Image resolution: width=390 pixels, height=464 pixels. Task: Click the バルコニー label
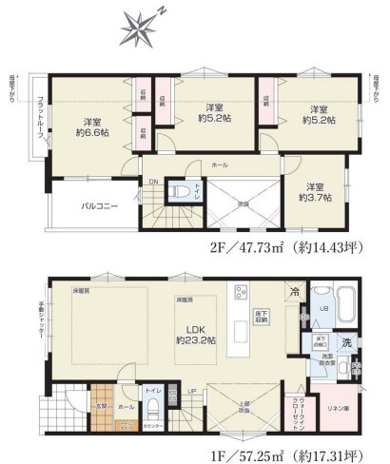click(x=99, y=204)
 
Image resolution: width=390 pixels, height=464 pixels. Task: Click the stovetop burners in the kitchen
click(x=243, y=293)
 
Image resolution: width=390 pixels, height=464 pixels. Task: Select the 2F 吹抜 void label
click(x=242, y=203)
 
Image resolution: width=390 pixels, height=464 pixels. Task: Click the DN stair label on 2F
click(x=152, y=181)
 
